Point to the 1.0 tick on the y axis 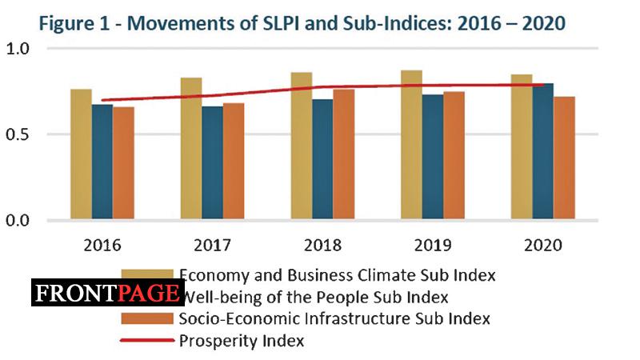coord(18,49)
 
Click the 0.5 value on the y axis coord(18,134)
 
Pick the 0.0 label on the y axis coord(18,220)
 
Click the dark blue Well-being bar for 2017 coord(212,163)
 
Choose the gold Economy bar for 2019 coord(412,145)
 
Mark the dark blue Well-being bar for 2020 coord(543,151)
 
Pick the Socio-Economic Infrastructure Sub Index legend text coord(334,318)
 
